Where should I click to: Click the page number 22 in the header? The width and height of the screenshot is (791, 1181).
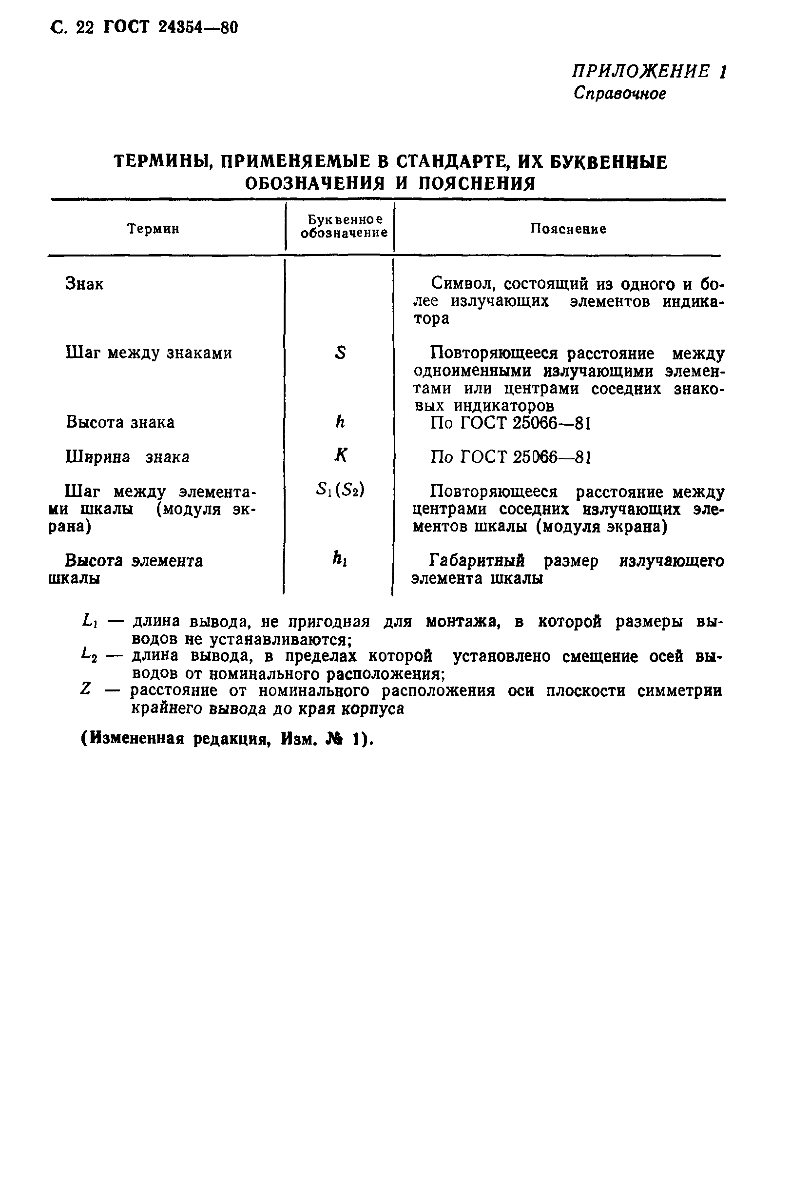pos(84,28)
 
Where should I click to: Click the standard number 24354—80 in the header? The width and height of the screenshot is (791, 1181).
pos(198,28)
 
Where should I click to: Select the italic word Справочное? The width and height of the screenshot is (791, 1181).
pos(619,93)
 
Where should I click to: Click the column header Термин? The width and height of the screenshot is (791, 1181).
pos(153,229)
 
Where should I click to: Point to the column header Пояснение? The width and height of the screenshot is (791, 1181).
pos(568,229)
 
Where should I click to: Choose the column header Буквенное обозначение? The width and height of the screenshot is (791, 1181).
pos(344,226)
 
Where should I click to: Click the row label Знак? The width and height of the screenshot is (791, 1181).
pos(84,284)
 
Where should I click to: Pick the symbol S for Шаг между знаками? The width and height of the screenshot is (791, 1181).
pos(341,353)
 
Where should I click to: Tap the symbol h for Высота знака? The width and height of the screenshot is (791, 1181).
pos(340,421)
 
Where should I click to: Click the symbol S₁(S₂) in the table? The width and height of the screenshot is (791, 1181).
pos(340,490)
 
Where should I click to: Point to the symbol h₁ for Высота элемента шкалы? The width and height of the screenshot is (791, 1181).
pos(340,559)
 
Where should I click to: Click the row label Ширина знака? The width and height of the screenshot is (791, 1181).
pos(127,457)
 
